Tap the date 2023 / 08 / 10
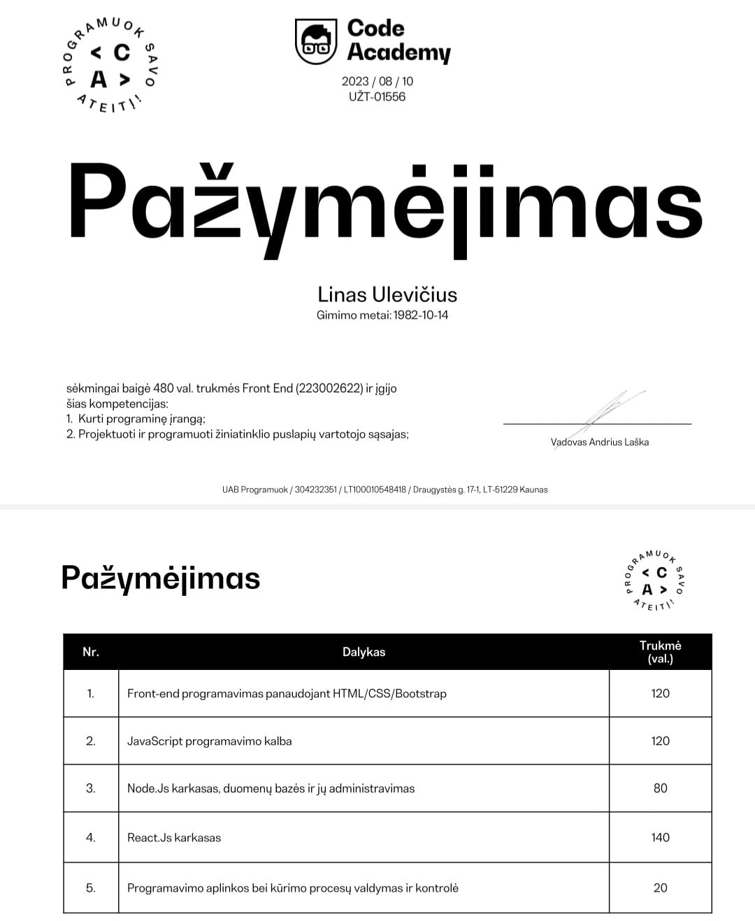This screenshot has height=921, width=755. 377,81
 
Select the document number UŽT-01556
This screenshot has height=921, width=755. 377,97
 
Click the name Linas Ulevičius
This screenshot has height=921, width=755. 387,294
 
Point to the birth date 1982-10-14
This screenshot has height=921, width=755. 421,315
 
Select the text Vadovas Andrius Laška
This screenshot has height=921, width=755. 599,442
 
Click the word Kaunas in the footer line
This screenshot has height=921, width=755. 534,490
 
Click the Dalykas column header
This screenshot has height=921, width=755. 364,652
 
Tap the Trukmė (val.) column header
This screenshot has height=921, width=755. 660,652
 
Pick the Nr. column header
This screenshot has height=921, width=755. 91,652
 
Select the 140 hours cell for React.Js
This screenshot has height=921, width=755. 660,837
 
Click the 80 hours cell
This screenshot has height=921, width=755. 660,788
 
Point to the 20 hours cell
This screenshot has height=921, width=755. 660,887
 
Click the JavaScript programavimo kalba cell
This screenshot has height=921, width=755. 209,741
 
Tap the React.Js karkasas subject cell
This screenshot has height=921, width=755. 174,837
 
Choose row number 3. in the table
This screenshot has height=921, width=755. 91,788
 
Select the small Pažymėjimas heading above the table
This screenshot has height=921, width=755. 161,579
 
